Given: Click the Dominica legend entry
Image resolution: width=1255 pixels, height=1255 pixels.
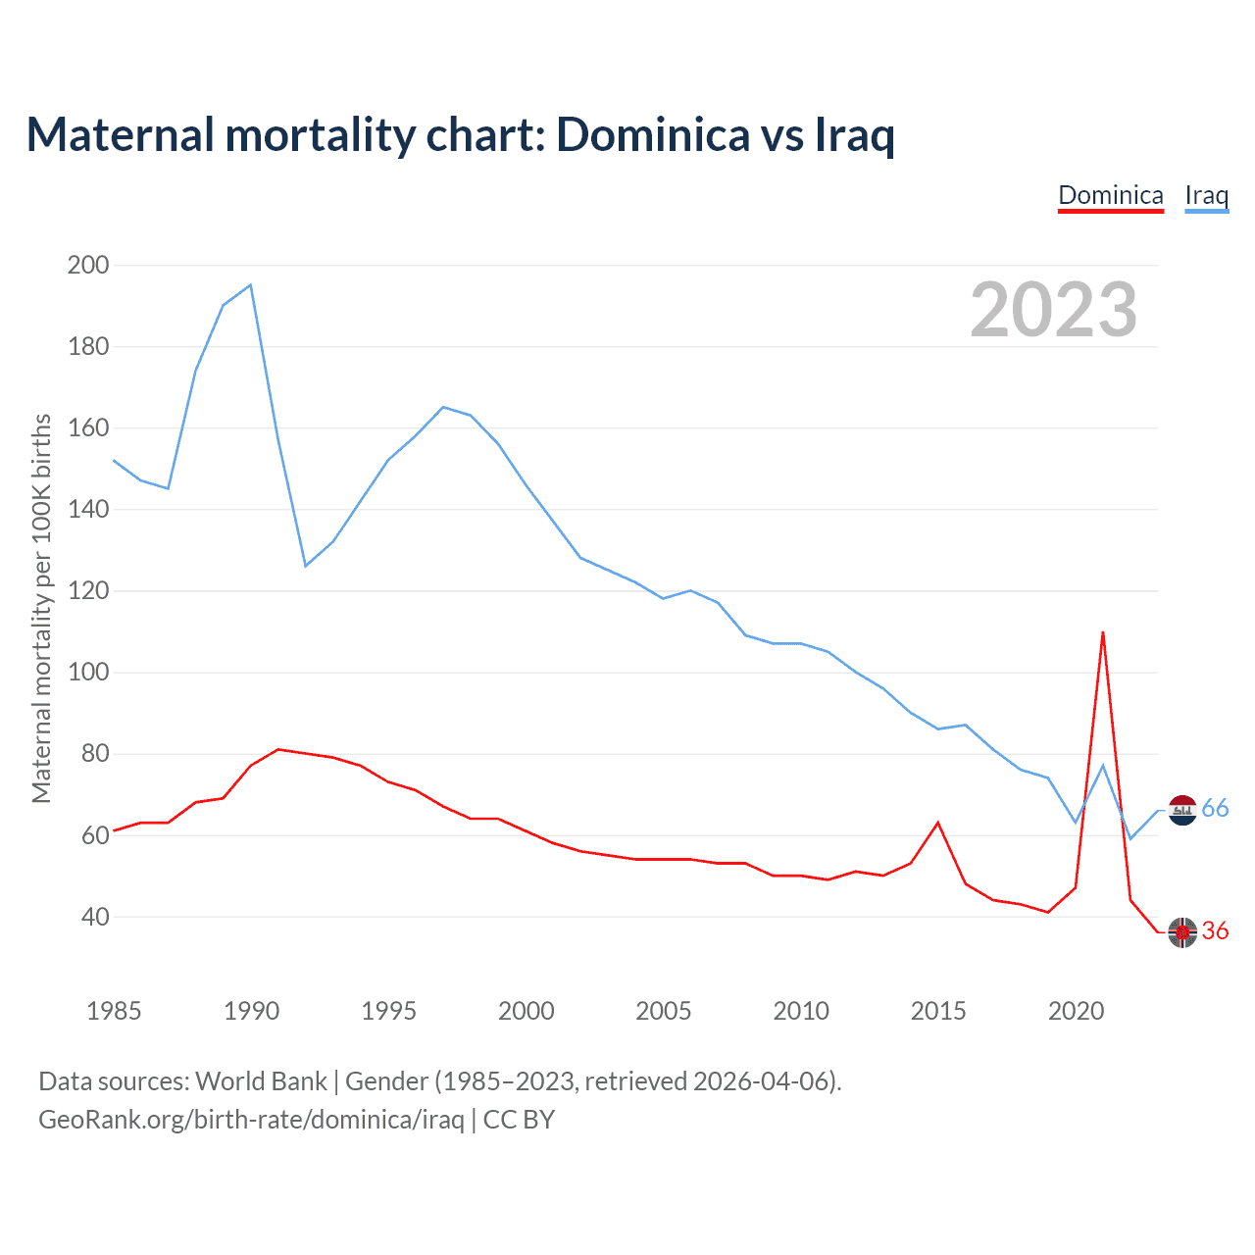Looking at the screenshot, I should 1111,195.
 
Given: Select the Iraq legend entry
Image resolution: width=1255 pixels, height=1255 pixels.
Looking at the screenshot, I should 1206,195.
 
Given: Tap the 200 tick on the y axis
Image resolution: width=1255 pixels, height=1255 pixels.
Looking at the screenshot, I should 88,265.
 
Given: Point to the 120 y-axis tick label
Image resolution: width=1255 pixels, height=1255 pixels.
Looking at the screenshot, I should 88,591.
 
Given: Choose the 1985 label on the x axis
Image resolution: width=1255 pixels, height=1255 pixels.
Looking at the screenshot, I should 114,1011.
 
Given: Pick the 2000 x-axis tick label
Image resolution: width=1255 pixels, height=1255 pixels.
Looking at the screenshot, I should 527,1011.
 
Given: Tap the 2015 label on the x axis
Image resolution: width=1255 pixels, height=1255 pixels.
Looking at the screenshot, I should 938,1011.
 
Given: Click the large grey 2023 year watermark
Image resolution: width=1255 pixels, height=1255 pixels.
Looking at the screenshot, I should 1054,310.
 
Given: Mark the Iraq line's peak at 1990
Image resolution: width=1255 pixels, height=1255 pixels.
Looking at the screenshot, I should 251,285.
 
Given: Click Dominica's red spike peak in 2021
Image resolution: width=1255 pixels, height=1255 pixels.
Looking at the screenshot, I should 1103,632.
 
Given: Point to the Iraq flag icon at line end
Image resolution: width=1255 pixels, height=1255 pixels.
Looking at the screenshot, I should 1183,810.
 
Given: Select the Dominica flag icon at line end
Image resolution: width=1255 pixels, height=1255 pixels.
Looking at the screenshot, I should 1183,932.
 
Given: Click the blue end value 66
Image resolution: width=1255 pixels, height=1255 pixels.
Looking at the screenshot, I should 1215,809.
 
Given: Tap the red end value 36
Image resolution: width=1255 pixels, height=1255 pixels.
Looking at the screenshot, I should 1215,931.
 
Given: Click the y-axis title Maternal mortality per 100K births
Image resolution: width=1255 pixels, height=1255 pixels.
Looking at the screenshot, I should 41,608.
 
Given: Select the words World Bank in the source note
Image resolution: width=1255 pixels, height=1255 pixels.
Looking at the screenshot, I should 261,1081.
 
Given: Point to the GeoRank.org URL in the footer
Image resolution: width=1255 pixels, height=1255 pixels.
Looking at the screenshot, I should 251,1120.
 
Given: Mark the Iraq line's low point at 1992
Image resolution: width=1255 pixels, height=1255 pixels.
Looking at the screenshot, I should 306,566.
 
